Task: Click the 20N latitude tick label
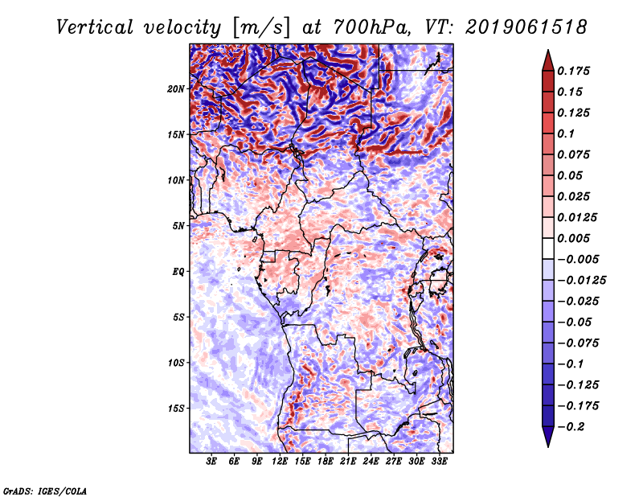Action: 176,89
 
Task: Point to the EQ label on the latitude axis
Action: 178,272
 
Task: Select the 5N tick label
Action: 178,226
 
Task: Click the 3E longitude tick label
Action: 211,462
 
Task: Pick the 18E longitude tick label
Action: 326,462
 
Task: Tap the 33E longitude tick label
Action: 439,462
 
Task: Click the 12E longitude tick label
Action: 280,462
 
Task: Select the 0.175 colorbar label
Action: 573,71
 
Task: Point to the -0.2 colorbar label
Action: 571,427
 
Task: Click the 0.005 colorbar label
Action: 573,238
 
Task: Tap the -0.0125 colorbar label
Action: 581,281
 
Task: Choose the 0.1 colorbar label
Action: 566,133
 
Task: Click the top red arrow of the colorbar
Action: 548,61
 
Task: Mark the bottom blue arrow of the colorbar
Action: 548,437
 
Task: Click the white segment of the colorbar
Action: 548,249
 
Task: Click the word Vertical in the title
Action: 95,27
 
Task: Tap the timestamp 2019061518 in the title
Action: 526,27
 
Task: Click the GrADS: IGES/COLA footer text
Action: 45,491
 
